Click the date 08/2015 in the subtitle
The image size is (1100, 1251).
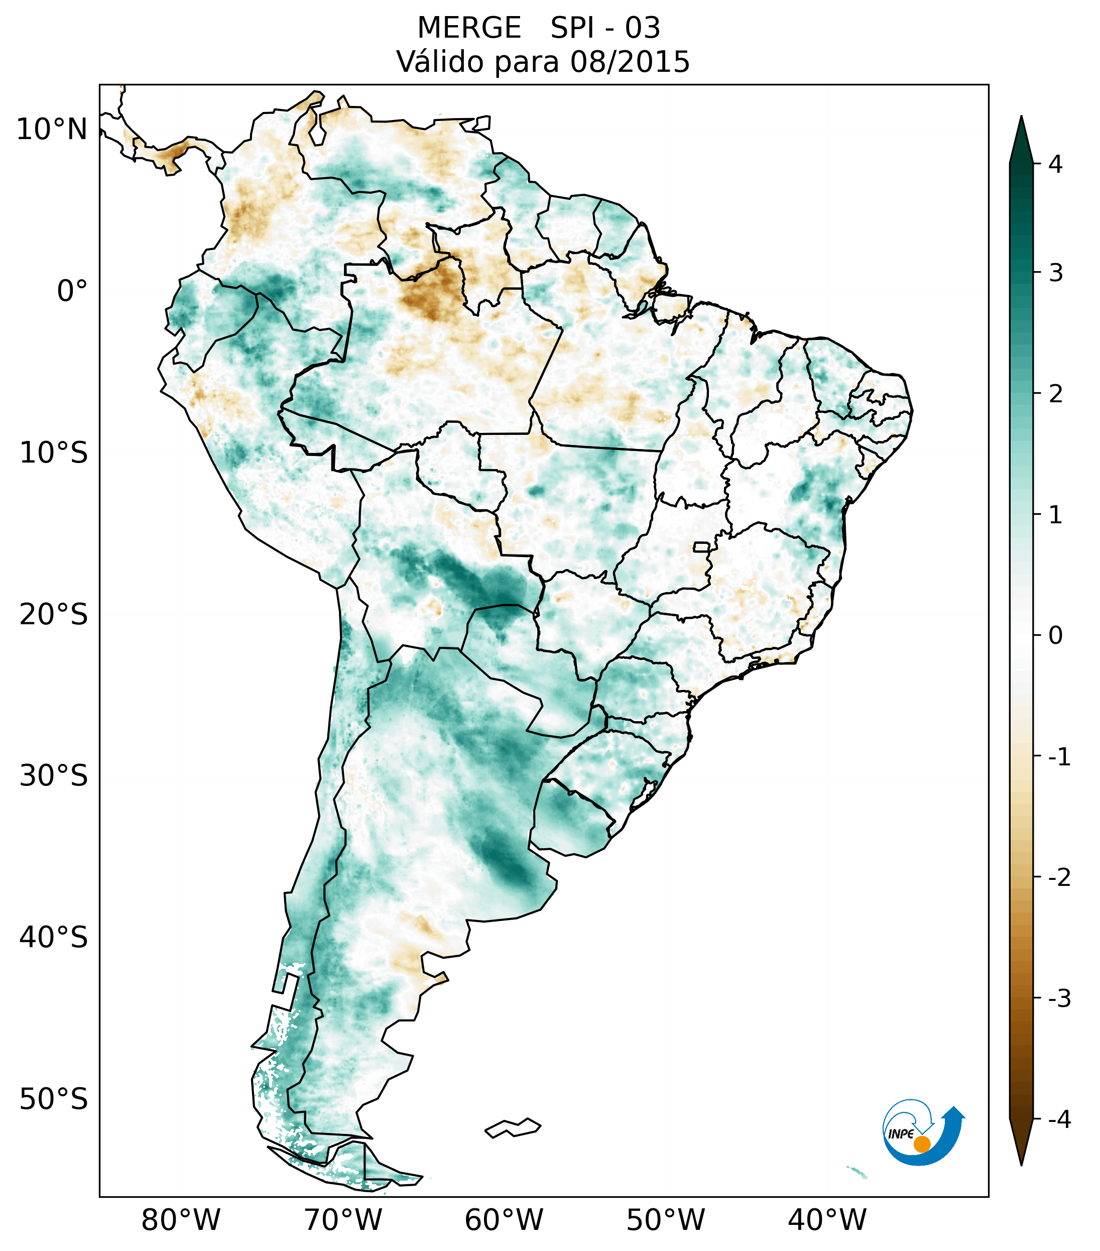[x=630, y=62]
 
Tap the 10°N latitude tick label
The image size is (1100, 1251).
[x=52, y=130]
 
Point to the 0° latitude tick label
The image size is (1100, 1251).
[x=72, y=291]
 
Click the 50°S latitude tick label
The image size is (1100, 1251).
[x=54, y=1099]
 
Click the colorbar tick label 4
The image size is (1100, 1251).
[x=1055, y=164]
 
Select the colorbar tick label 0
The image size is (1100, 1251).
[x=1055, y=636]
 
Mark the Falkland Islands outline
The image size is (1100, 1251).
[x=513, y=1127]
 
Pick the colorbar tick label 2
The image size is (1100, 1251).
[x=1055, y=394]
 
